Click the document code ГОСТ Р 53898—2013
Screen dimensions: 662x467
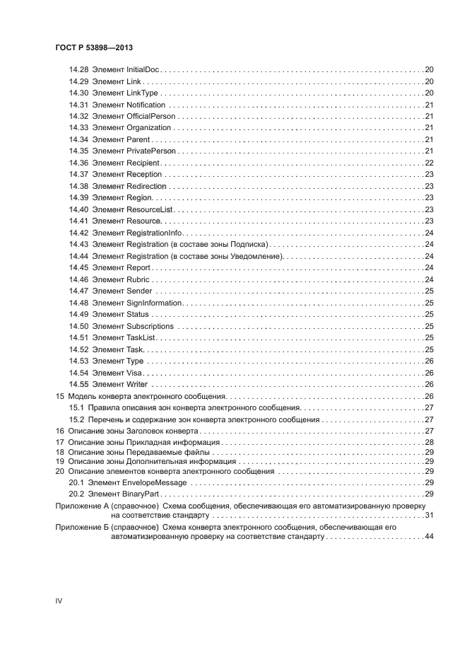(x=94, y=47)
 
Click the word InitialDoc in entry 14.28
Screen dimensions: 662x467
(x=143, y=70)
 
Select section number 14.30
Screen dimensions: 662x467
(x=78, y=93)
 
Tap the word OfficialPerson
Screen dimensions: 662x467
(x=150, y=117)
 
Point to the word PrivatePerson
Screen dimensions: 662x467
(x=150, y=151)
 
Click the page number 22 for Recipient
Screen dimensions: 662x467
(x=428, y=163)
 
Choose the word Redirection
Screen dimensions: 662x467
(x=146, y=186)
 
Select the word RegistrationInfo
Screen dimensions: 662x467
(x=154, y=233)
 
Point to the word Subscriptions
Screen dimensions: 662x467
(x=150, y=326)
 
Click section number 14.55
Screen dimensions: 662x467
(x=78, y=384)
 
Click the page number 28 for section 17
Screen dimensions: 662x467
(x=428, y=442)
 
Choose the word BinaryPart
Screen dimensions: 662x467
(x=146, y=494)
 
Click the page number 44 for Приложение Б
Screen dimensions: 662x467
(x=428, y=538)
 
